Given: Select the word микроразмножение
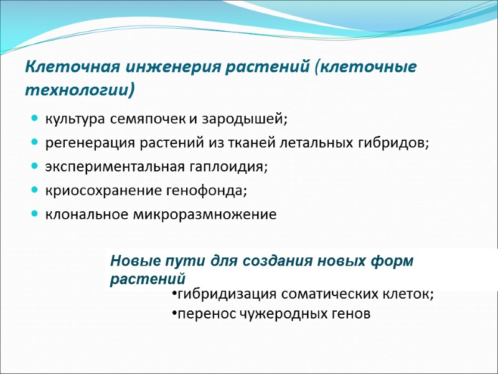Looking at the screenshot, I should coord(205,215).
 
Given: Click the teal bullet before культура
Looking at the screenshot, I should coord(34,118).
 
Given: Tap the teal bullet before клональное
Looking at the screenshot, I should coord(34,214).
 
